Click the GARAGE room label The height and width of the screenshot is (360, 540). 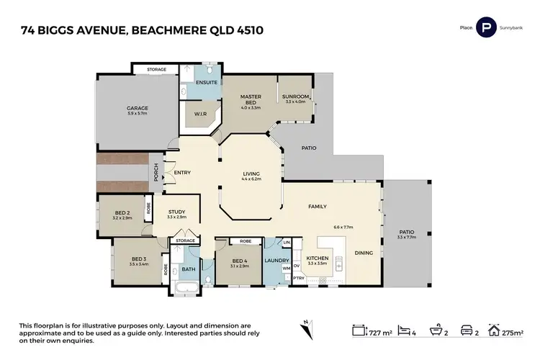138,108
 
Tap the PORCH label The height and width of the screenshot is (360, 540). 156,172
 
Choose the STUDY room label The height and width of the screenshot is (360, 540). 176,212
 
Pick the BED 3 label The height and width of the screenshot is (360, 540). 139,259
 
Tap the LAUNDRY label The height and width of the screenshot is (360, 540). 276,261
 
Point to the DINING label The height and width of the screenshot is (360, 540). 364,252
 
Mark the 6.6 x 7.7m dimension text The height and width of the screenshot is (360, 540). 343,228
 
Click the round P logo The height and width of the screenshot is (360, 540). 487,29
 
